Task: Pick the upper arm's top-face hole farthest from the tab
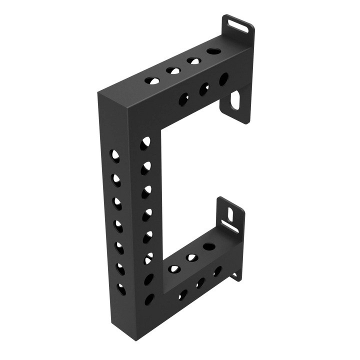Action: point(150,79)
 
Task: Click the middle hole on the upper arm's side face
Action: point(204,88)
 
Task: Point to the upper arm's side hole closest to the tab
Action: point(223,78)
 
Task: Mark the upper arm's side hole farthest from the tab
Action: point(184,98)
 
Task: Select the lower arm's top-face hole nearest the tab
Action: point(208,246)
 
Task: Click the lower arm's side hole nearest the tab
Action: point(217,271)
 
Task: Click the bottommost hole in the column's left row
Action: point(121,288)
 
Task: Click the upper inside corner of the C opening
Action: point(161,131)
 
